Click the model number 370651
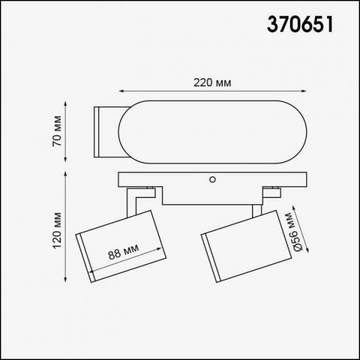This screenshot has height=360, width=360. click(300, 24)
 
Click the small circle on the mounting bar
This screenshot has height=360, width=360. click(213, 179)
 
